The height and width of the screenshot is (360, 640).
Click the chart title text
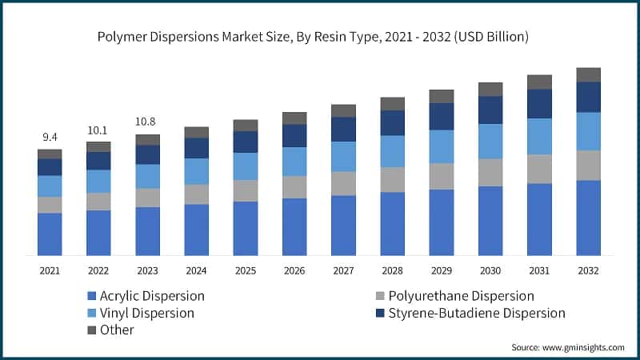(320, 37)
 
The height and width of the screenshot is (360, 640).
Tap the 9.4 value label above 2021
(49, 137)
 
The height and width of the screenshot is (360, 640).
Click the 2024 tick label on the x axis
(196, 270)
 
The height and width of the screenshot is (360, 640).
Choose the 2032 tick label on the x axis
(588, 270)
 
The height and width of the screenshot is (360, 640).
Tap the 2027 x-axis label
(343, 270)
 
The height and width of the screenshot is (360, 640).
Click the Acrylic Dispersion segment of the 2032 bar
(588, 218)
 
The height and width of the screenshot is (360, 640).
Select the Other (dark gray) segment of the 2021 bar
(50, 154)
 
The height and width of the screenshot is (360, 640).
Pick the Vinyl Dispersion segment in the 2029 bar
(442, 146)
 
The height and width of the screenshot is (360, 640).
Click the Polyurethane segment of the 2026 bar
(294, 187)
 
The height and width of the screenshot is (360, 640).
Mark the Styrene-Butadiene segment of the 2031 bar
(539, 104)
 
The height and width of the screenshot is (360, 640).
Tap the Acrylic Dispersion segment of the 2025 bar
(246, 228)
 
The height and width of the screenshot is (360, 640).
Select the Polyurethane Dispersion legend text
(461, 297)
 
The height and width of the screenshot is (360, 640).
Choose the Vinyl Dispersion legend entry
(148, 313)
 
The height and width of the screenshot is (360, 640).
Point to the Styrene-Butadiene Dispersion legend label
(477, 313)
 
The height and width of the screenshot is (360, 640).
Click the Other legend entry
(117, 330)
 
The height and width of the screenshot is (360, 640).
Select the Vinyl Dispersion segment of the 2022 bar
(98, 181)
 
